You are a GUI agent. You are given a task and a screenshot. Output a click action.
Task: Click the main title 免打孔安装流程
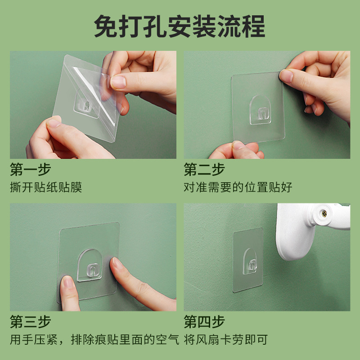pyautogui.click(x=180, y=26)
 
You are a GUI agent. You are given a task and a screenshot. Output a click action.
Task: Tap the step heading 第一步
pyautogui.click(x=31, y=170)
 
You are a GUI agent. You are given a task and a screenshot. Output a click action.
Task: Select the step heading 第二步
pyautogui.click(x=204, y=170)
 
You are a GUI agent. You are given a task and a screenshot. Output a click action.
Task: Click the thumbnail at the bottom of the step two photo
pyautogui.click(x=239, y=146)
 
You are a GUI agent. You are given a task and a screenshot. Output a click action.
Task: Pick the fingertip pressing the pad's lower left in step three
pyautogui.click(x=68, y=283)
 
